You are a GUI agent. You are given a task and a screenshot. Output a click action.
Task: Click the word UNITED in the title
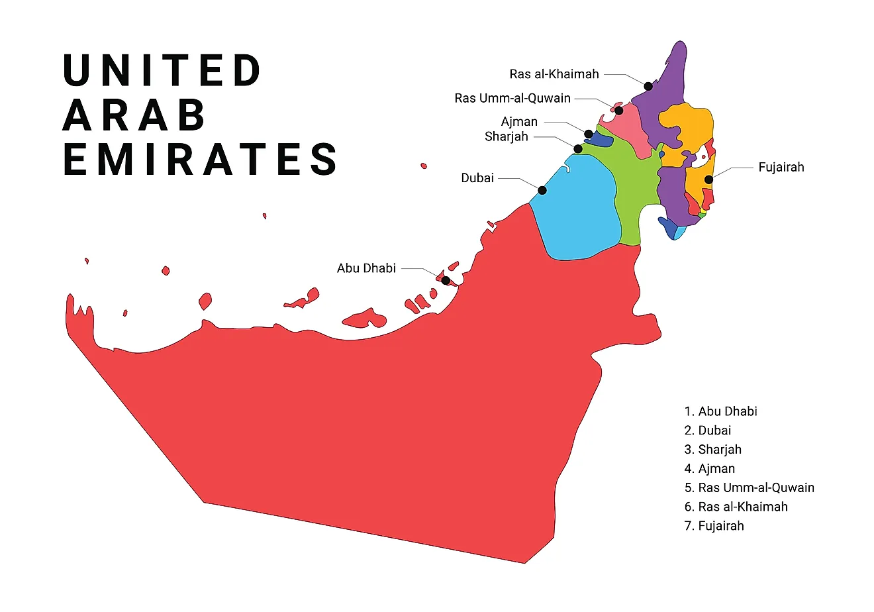[162, 70]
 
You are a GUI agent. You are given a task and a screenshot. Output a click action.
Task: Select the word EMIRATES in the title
[200, 160]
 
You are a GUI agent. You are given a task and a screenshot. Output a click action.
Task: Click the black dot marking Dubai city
[542, 190]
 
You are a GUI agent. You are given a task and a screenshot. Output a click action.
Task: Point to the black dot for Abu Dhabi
[446, 280]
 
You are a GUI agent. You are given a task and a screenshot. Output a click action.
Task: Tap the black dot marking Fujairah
[708, 179]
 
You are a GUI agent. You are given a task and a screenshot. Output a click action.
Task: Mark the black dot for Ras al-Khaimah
[648, 86]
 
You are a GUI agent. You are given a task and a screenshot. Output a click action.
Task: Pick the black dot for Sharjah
[578, 149]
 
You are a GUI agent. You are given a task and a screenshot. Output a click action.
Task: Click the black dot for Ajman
[589, 134]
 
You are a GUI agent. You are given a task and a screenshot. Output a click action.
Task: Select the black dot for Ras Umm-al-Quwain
[619, 110]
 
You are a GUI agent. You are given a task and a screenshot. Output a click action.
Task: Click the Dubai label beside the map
[477, 178]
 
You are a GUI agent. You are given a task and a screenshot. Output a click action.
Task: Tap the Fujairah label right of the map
[781, 167]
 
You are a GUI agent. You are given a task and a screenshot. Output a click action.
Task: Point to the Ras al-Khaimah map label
[554, 74]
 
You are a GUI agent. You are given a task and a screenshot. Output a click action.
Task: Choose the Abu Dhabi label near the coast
[366, 268]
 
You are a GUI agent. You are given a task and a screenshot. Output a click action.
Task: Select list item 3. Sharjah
[713, 450]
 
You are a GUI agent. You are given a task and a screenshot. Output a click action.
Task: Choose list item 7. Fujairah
[714, 526]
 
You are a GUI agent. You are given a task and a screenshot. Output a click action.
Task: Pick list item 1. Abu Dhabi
[721, 411]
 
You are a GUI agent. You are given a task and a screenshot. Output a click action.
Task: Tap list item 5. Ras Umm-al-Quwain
[750, 488]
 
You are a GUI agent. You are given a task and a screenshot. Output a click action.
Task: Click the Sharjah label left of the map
[507, 137]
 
